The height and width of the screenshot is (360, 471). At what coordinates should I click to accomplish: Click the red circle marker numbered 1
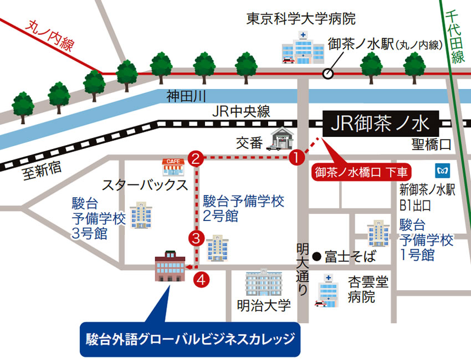[x=298, y=158]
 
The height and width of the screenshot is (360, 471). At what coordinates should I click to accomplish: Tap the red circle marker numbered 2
[x=195, y=158]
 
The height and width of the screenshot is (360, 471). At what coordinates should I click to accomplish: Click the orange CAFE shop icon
[x=172, y=164]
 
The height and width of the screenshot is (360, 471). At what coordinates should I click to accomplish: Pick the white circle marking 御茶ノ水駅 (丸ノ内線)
[x=328, y=73]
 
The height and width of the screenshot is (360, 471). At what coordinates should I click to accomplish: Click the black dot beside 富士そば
[x=316, y=256]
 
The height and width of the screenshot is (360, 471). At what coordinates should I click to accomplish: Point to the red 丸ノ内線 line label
[x=49, y=38]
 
